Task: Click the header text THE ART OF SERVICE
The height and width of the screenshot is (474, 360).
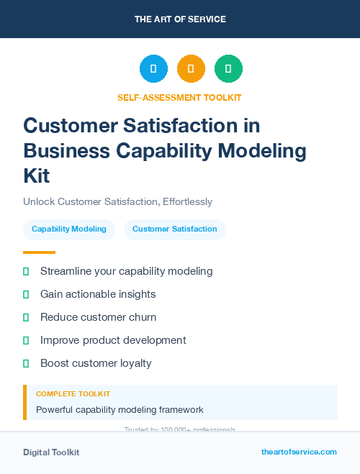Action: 180,19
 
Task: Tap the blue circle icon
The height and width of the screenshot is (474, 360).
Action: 153,69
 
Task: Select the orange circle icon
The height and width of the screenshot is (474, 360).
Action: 191,69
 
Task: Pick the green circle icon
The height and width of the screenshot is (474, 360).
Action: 228,69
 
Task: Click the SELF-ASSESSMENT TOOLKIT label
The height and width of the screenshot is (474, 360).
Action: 179,97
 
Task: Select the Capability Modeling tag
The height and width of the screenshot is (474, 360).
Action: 69,229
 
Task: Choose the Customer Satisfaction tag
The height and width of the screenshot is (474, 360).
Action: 175,229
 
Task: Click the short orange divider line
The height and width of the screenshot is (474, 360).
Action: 39,252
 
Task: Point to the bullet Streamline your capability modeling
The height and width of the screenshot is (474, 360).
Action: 126,271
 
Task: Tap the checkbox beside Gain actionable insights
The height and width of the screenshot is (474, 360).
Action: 26,294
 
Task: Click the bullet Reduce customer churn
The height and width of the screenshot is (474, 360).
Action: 98,317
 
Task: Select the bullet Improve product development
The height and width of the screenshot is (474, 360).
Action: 113,340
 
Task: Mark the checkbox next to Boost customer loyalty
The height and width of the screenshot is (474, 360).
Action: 26,363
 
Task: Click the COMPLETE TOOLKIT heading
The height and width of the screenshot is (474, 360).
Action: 73,394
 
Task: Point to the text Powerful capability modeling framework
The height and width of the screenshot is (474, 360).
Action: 120,410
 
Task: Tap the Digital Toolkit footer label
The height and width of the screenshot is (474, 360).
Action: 51,452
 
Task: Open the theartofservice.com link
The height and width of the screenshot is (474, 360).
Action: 299,452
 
